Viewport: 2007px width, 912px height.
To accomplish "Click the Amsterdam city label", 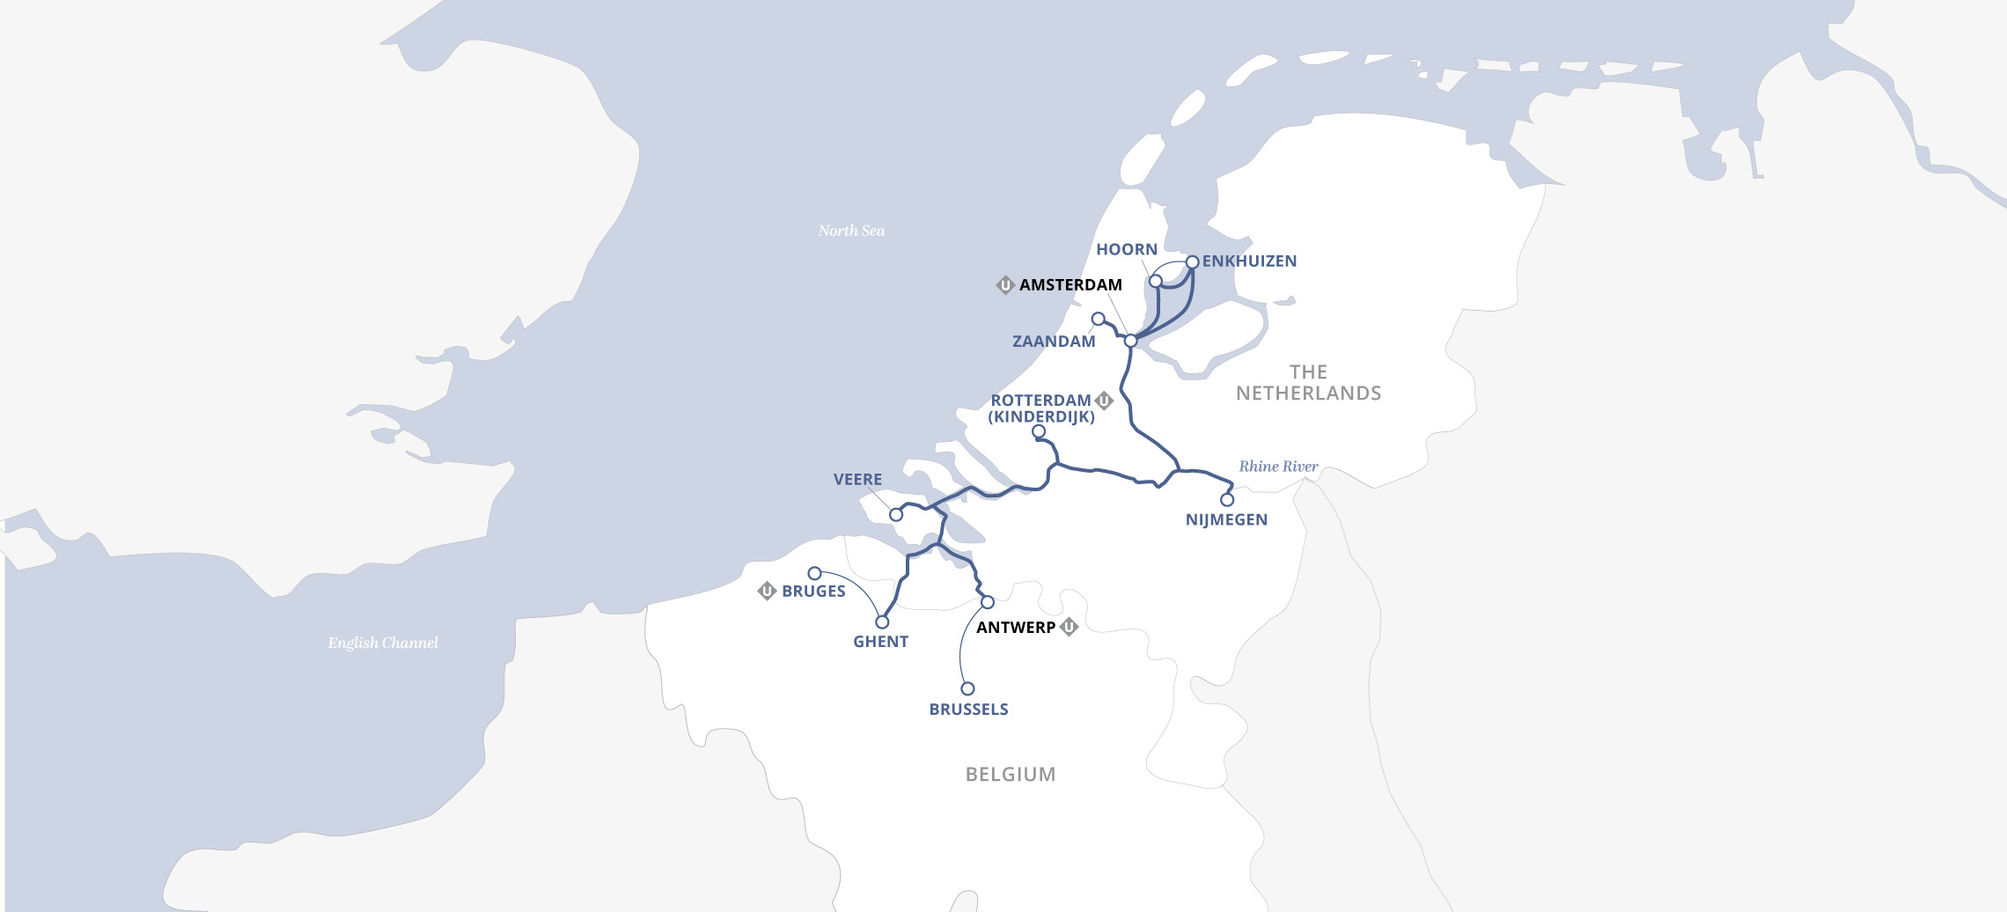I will pos(1070,285).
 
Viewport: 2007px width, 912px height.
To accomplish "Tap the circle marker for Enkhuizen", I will pos(1192,262).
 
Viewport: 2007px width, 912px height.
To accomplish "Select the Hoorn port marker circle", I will pos(1156,281).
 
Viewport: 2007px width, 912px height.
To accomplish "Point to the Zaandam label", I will pos(1054,342).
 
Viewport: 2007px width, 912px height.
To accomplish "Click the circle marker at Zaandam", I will pos(1098,319).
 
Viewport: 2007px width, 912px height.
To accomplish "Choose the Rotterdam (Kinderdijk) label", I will pos(1041,408).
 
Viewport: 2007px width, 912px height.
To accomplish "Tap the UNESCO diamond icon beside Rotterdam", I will pos(1104,401).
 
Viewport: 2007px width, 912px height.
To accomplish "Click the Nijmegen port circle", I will pos(1227,500).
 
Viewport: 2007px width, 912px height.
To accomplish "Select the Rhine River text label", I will pos(1278,467).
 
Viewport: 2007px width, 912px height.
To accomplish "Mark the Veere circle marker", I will pos(896,515).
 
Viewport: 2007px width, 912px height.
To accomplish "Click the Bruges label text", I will pos(813,592).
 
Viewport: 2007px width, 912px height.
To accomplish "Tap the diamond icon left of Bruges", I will pos(767,591).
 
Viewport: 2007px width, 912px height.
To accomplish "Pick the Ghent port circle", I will pos(882,622).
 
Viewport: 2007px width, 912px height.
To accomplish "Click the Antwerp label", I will pos(1016,628).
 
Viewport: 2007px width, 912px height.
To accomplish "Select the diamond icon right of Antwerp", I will pos(1069,627).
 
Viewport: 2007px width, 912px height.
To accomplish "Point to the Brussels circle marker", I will pos(967,688).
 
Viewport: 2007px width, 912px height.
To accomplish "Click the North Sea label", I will pos(851,231).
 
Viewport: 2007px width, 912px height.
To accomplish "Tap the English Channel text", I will pos(383,643).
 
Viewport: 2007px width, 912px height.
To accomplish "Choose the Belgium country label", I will pos(1011,775).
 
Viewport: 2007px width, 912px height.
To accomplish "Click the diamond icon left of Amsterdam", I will pos(1005,285).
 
